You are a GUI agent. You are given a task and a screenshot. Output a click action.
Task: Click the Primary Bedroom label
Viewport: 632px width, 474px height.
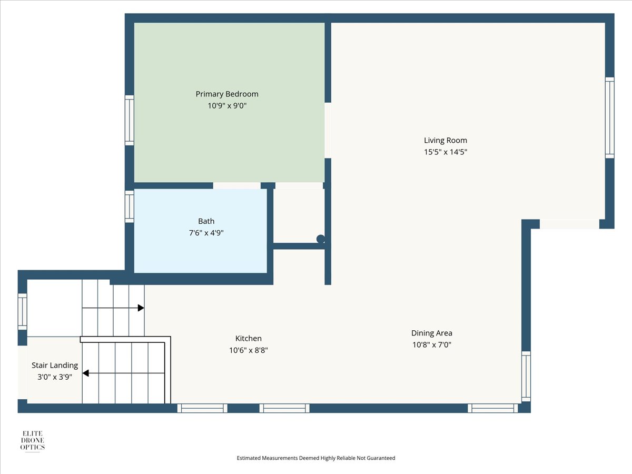227,94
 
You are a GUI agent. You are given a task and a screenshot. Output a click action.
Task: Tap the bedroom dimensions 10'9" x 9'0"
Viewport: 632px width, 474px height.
227,106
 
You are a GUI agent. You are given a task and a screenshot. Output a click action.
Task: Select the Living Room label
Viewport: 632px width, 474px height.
446,141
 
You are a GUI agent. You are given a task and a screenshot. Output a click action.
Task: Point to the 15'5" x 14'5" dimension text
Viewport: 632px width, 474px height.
446,152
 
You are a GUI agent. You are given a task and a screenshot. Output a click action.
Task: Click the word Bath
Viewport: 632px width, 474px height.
206,221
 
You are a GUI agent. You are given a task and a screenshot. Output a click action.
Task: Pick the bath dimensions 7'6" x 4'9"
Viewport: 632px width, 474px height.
206,233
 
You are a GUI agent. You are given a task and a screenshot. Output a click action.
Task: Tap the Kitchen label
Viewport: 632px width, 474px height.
249,338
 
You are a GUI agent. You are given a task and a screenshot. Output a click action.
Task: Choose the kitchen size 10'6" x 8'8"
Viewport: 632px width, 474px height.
249,350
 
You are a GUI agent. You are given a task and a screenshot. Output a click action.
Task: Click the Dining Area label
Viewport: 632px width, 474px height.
431,333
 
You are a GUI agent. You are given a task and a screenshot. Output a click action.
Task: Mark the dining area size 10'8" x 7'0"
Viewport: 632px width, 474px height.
431,344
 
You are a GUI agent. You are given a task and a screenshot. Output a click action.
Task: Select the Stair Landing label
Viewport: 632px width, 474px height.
55,365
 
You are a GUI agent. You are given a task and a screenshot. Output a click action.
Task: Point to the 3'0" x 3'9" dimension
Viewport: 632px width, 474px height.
55,377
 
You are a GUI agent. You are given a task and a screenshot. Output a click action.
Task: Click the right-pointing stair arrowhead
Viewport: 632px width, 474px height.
141,308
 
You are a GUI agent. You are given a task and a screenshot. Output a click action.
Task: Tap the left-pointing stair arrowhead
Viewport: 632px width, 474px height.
85,373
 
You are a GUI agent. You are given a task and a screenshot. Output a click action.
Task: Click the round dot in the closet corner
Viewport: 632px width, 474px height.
321,239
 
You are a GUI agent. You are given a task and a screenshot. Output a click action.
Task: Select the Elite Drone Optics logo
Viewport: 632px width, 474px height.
33,441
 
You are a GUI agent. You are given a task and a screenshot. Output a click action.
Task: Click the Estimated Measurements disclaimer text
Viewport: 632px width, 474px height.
316,458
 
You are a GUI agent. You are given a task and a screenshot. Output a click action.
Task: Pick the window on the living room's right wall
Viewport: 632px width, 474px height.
609,117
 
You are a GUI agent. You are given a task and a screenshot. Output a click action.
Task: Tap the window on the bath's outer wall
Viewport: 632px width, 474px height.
130,206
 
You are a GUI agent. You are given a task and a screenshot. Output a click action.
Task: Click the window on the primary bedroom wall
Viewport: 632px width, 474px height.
130,120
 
